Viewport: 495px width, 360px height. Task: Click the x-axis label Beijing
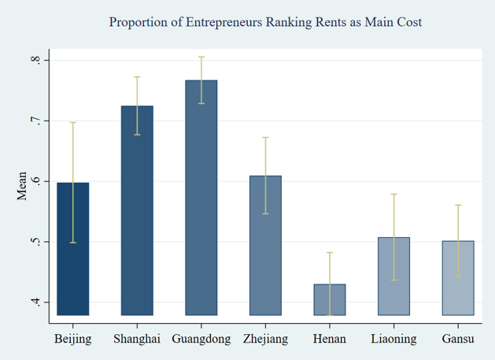pos(72,340)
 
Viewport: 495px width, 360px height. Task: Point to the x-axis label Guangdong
pos(201,340)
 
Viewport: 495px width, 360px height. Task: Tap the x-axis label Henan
pos(330,340)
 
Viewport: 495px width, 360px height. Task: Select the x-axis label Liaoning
pos(394,340)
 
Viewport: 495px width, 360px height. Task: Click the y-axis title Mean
pos(22,186)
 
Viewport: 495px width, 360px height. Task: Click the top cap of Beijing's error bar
pos(72,122)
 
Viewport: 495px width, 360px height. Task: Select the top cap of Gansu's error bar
pos(458,205)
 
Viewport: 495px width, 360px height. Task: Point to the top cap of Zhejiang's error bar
pos(265,138)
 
